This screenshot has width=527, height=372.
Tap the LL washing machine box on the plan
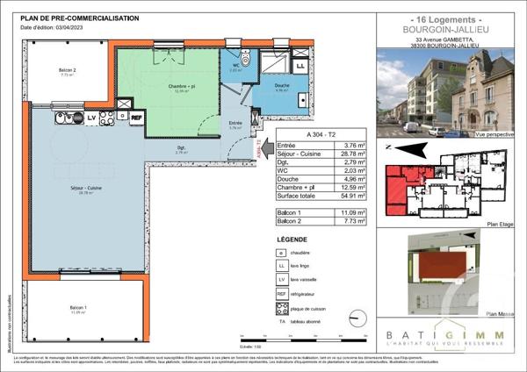300,66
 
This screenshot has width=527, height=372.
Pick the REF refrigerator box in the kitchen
136,116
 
